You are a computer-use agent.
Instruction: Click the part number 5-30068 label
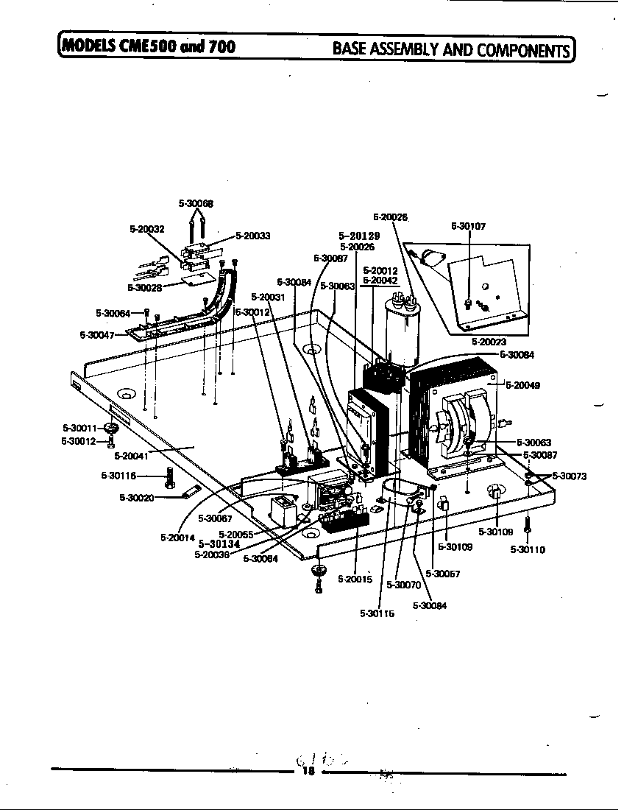coord(196,203)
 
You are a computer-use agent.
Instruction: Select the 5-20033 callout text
coord(253,236)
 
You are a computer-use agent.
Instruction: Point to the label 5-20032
coord(147,229)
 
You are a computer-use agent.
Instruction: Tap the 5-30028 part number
coord(144,288)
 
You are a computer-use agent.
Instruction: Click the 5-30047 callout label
coord(97,335)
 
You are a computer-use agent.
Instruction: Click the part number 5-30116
coord(118,476)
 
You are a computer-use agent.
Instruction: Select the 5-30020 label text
coord(136,498)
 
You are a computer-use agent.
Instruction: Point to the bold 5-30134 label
coord(219,544)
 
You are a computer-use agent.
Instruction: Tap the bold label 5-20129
coord(359,236)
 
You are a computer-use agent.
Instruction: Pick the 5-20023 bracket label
coord(489,342)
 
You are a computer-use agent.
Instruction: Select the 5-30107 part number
coord(468,227)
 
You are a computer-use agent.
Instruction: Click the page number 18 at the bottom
coord(308,771)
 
